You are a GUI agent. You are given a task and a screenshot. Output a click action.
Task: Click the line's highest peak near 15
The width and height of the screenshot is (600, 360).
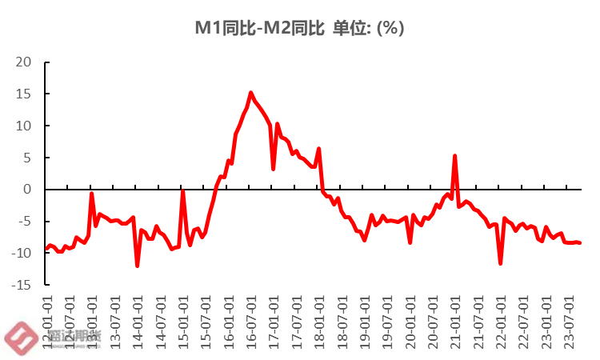coord(251,93)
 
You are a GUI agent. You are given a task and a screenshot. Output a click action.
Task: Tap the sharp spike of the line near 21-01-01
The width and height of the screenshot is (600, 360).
coord(455,156)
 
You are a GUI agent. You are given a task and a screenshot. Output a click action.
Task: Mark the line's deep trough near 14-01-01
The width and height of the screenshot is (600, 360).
coord(138,266)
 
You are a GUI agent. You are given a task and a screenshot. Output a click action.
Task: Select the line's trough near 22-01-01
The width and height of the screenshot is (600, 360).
coord(501,263)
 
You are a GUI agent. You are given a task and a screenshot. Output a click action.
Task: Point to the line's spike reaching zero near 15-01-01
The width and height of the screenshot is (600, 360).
coord(183,190)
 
